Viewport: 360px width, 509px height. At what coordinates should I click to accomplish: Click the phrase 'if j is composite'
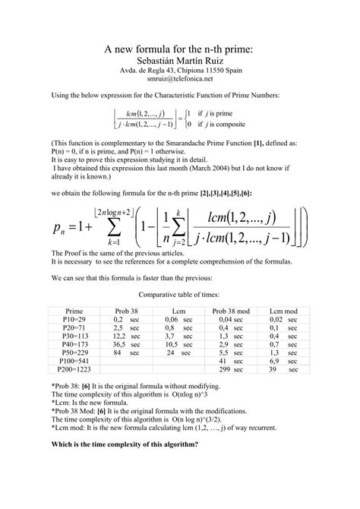[x=225, y=124]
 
